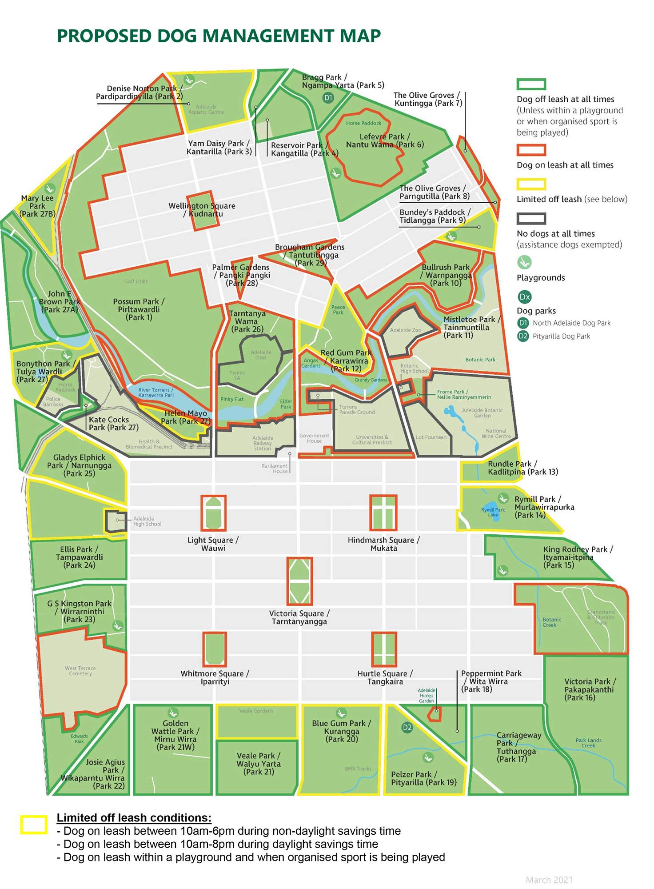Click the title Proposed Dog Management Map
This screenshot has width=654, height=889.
(219, 36)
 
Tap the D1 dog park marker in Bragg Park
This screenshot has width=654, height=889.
(328, 98)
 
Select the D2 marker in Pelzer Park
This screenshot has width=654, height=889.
(407, 727)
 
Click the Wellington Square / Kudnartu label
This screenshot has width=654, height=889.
(202, 210)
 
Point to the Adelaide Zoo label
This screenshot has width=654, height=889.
(405, 330)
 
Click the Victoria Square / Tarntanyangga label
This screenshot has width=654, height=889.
(299, 617)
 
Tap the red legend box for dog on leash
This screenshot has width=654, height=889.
(531, 150)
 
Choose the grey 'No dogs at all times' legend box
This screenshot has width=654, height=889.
(531, 218)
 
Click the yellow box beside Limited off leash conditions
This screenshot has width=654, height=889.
(34, 825)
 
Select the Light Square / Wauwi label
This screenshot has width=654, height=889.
(213, 544)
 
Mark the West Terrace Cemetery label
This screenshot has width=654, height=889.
(80, 671)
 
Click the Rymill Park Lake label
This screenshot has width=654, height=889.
(493, 512)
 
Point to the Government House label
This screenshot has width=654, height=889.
(314, 438)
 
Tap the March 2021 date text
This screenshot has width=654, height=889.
(549, 880)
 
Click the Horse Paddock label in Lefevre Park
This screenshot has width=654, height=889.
(363, 123)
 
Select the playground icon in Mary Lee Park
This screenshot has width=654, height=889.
(50, 188)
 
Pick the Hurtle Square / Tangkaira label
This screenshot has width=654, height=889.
(385, 677)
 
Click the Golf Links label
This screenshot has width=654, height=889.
(136, 281)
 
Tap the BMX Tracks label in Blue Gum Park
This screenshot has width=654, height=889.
(358, 769)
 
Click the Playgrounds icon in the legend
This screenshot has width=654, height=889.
(524, 262)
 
